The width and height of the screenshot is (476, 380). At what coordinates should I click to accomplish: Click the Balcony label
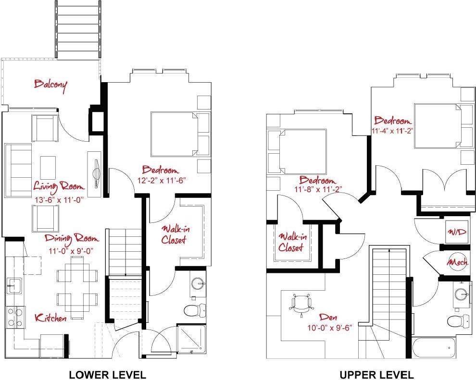click(x=50, y=85)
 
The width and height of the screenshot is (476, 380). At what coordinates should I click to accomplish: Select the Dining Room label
click(x=72, y=238)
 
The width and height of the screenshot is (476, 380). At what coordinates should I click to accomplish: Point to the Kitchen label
click(x=50, y=318)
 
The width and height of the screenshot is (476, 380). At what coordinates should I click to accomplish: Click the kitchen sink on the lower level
click(x=14, y=285)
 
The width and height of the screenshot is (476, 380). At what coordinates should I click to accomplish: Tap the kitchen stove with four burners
click(x=14, y=317)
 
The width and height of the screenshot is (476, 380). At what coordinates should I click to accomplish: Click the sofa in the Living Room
click(x=18, y=170)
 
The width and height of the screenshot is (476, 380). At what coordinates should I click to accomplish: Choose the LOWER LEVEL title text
click(x=107, y=374)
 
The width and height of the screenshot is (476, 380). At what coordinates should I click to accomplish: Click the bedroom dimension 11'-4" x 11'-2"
click(x=392, y=130)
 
